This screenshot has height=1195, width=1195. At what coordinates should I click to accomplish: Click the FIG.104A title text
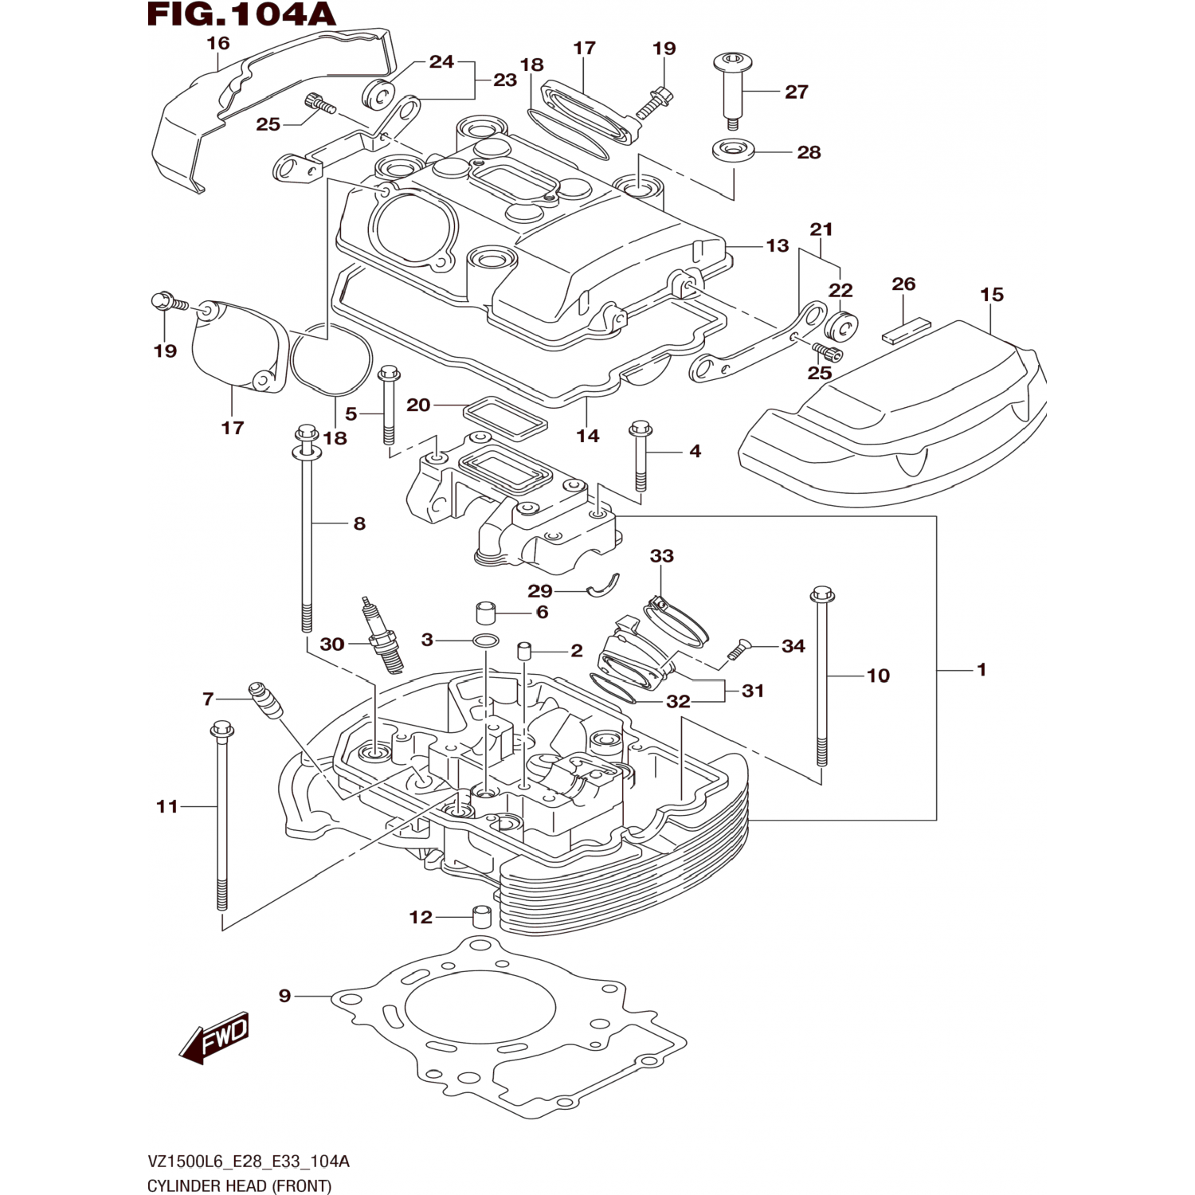point(241,14)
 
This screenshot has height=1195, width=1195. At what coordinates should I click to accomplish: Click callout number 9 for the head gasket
point(284,996)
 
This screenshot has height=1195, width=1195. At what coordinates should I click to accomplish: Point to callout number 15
point(991,295)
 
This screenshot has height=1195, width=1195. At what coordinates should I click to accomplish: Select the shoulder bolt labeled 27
point(731,89)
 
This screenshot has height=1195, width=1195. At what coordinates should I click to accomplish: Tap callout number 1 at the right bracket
point(981,670)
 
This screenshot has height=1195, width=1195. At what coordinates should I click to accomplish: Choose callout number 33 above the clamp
point(661,555)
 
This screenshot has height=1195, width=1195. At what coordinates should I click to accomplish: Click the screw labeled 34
point(737,652)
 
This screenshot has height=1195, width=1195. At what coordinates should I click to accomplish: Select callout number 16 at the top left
point(217,43)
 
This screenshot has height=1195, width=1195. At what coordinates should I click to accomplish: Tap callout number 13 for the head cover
point(777,245)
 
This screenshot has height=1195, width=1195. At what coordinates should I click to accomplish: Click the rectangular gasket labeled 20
point(505,417)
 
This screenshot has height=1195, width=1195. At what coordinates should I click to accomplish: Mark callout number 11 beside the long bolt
point(167,806)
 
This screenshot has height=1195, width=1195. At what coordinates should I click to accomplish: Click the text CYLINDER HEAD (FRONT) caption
point(239,1185)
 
